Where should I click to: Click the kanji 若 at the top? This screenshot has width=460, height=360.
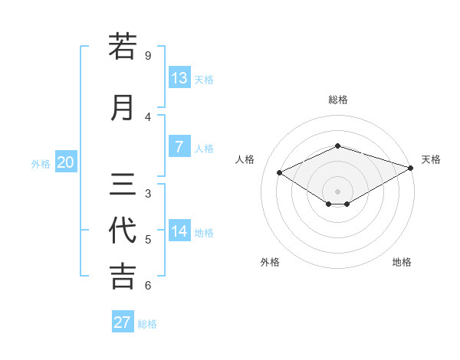123,47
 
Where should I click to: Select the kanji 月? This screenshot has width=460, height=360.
123,107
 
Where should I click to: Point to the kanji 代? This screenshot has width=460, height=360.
123,231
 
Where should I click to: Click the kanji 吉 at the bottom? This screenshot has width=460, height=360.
123,277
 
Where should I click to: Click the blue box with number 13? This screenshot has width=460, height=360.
179,78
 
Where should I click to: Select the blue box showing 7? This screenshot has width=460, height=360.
179,147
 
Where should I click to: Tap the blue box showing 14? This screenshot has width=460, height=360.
179,231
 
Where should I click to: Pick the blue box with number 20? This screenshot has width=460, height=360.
66,162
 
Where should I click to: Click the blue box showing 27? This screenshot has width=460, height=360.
123,322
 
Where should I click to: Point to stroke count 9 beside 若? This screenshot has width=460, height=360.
148,56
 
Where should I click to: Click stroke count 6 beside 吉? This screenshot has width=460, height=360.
148,286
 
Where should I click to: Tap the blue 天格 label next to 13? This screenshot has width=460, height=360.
204,79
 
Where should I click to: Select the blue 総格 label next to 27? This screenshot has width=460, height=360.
148,324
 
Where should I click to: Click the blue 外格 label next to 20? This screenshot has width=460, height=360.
41,163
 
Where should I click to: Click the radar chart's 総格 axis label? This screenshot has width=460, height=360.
338,99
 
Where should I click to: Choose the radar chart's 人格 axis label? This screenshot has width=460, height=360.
245,159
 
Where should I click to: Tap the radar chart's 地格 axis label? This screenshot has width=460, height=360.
402,262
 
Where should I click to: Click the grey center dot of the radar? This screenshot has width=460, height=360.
338,190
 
